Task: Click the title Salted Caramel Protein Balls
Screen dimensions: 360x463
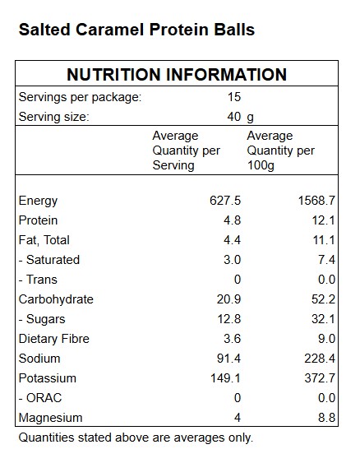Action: click(x=136, y=30)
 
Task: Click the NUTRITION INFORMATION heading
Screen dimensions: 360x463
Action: click(x=177, y=74)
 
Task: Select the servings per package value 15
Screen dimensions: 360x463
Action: click(x=234, y=97)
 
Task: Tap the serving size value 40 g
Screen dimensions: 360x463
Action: click(x=240, y=117)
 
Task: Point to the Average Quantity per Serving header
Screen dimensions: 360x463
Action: click(x=187, y=150)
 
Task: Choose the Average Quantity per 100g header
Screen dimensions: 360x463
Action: click(x=280, y=150)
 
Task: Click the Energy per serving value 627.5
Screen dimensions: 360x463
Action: click(x=225, y=201)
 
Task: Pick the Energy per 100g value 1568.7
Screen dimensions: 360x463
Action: click(x=316, y=201)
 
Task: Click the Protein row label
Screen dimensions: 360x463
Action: click(x=38, y=220)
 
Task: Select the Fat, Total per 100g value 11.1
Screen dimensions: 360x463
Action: click(x=324, y=240)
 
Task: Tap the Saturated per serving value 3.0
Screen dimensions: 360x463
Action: click(x=233, y=260)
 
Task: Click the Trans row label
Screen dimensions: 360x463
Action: click(x=38, y=280)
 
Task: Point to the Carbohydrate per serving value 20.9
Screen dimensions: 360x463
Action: click(x=228, y=299)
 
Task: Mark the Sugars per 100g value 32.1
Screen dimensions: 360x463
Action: click(x=323, y=319)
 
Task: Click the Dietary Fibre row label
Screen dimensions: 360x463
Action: click(x=54, y=339)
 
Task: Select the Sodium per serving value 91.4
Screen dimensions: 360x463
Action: click(x=228, y=359)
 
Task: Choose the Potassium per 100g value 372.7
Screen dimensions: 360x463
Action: click(x=320, y=378)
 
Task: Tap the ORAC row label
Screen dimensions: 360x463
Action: click(x=40, y=398)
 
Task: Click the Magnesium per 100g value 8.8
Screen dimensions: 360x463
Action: click(x=326, y=418)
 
